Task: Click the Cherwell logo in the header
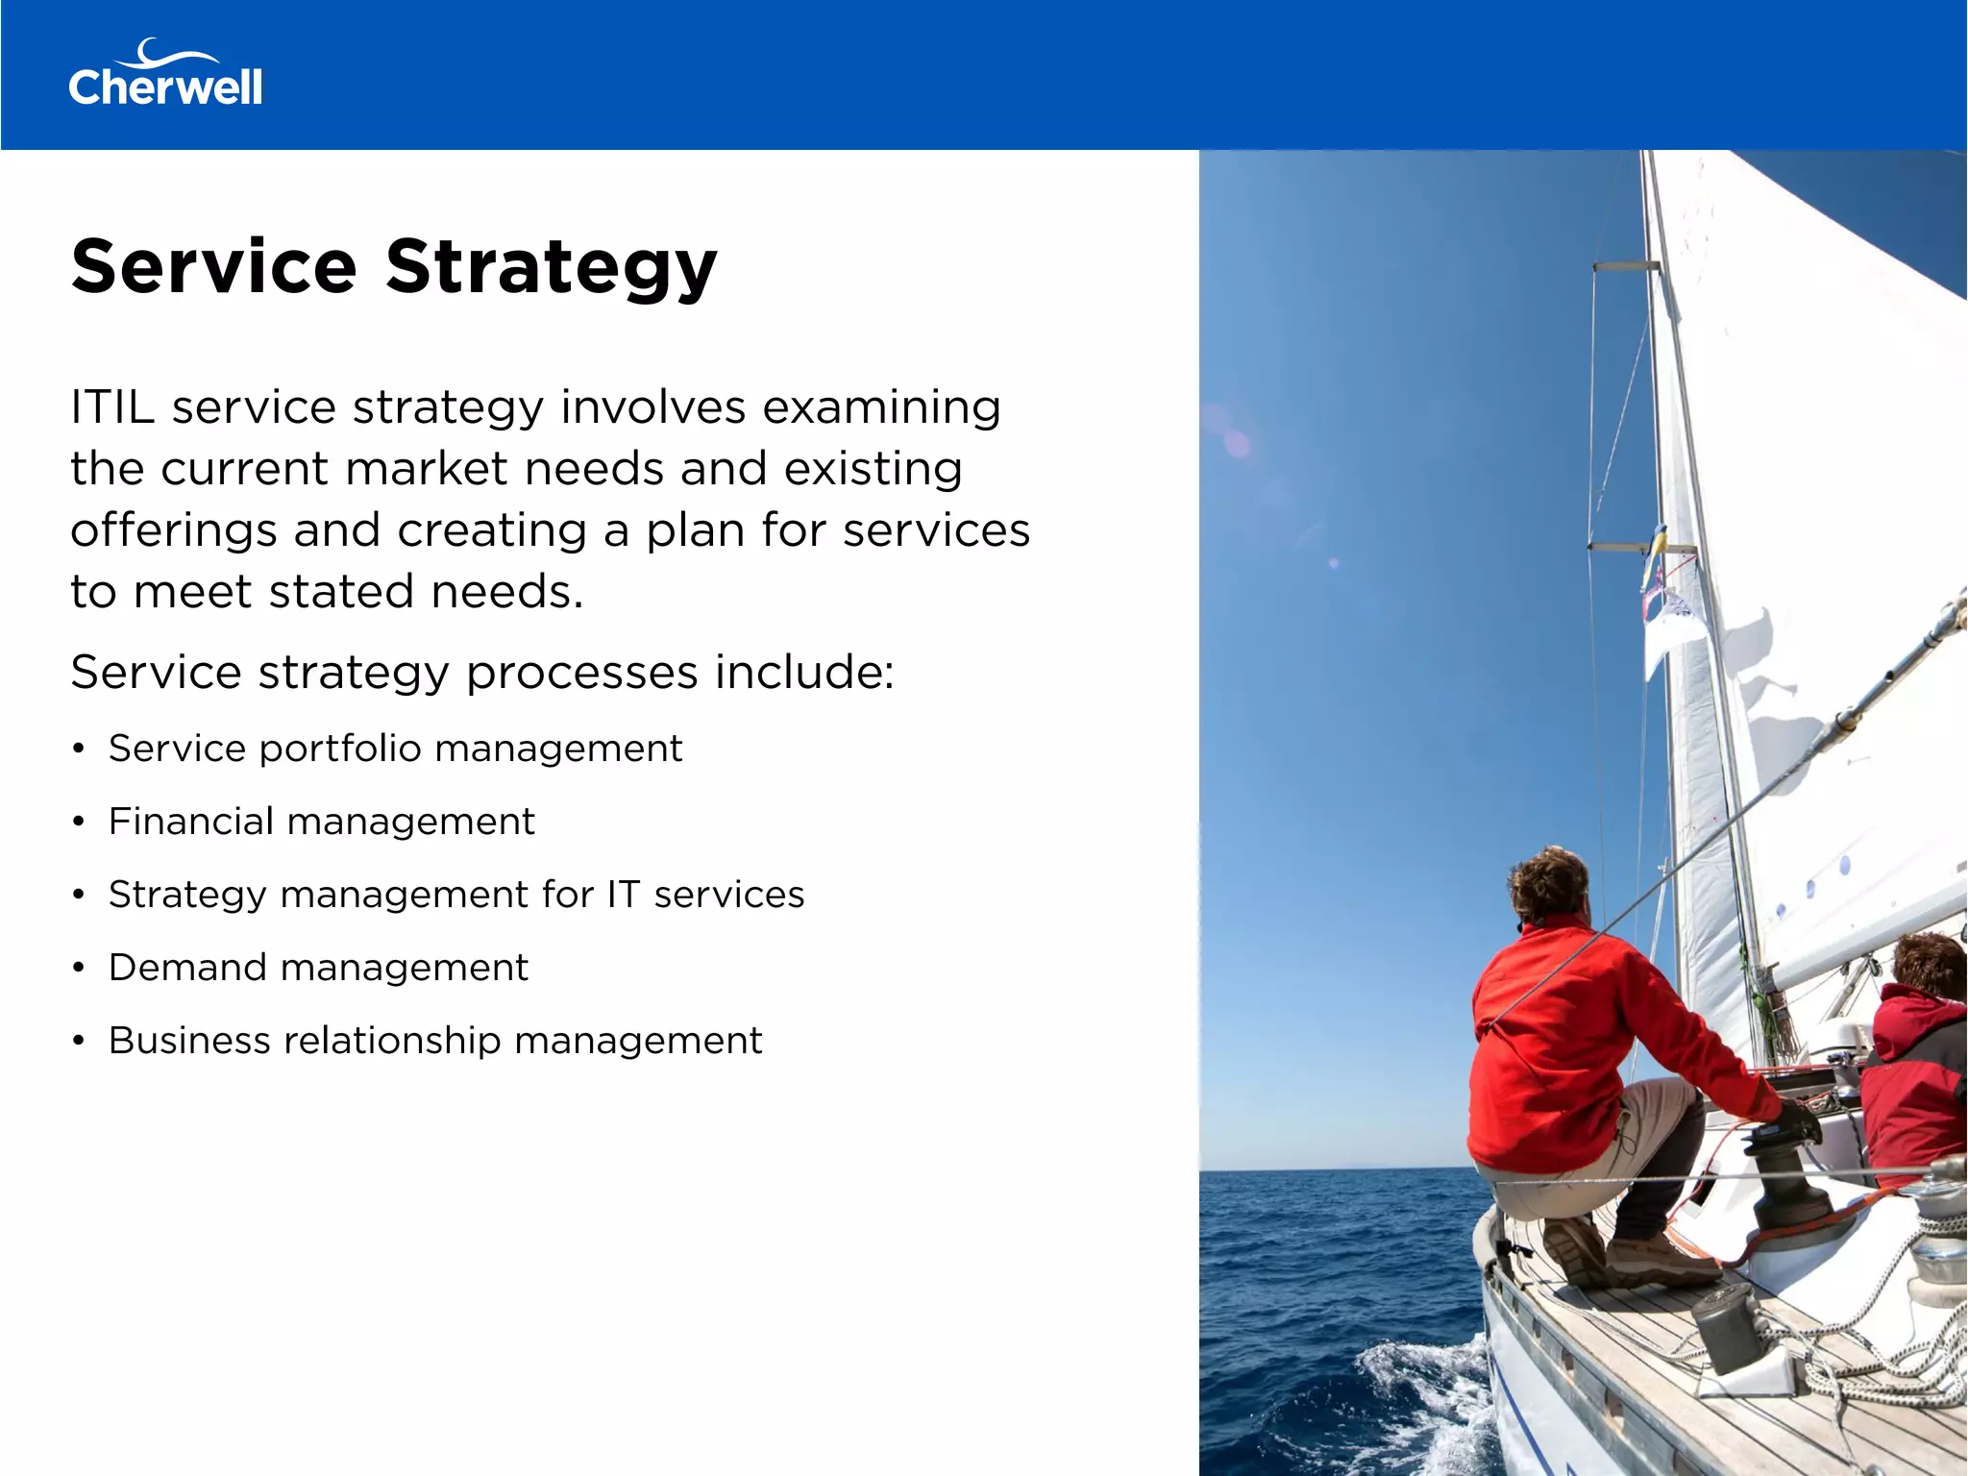tap(165, 75)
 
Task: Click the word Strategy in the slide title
tap(552, 267)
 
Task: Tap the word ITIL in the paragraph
tap(111, 407)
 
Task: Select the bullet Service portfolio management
tap(395, 749)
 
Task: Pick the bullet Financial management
tap(321, 822)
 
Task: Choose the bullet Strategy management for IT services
tap(456, 895)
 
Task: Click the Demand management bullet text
tap(318, 968)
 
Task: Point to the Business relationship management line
tap(435, 1041)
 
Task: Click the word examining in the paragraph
tap(881, 407)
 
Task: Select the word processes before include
tap(581, 672)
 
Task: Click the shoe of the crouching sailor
tap(1576, 1249)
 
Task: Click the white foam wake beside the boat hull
tap(1422, 1384)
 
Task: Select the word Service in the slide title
tap(214, 267)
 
